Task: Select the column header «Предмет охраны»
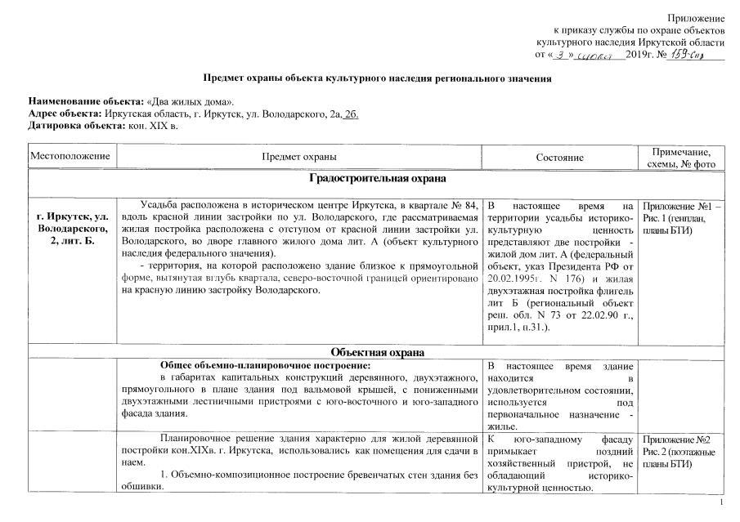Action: pyautogui.click(x=298, y=156)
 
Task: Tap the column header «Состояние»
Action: pyautogui.click(x=559, y=156)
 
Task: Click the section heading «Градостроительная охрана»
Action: pyautogui.click(x=377, y=178)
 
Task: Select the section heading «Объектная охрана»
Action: pyautogui.click(x=377, y=352)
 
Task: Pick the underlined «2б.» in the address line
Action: pyautogui.click(x=351, y=114)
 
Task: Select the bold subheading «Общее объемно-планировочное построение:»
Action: pyautogui.click(x=259, y=365)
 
